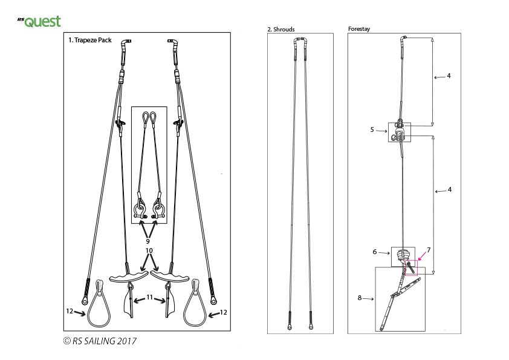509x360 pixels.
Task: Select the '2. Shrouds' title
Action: (281, 29)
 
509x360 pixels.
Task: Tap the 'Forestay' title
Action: (359, 28)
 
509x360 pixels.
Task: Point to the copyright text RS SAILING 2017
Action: (99, 341)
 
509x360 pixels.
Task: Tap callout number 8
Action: (359, 297)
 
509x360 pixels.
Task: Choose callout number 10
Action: (149, 250)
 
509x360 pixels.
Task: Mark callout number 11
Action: (149, 298)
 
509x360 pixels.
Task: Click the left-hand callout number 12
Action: (70, 311)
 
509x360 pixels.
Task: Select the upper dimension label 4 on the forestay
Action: (448, 76)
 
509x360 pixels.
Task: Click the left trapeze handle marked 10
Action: (128, 277)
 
